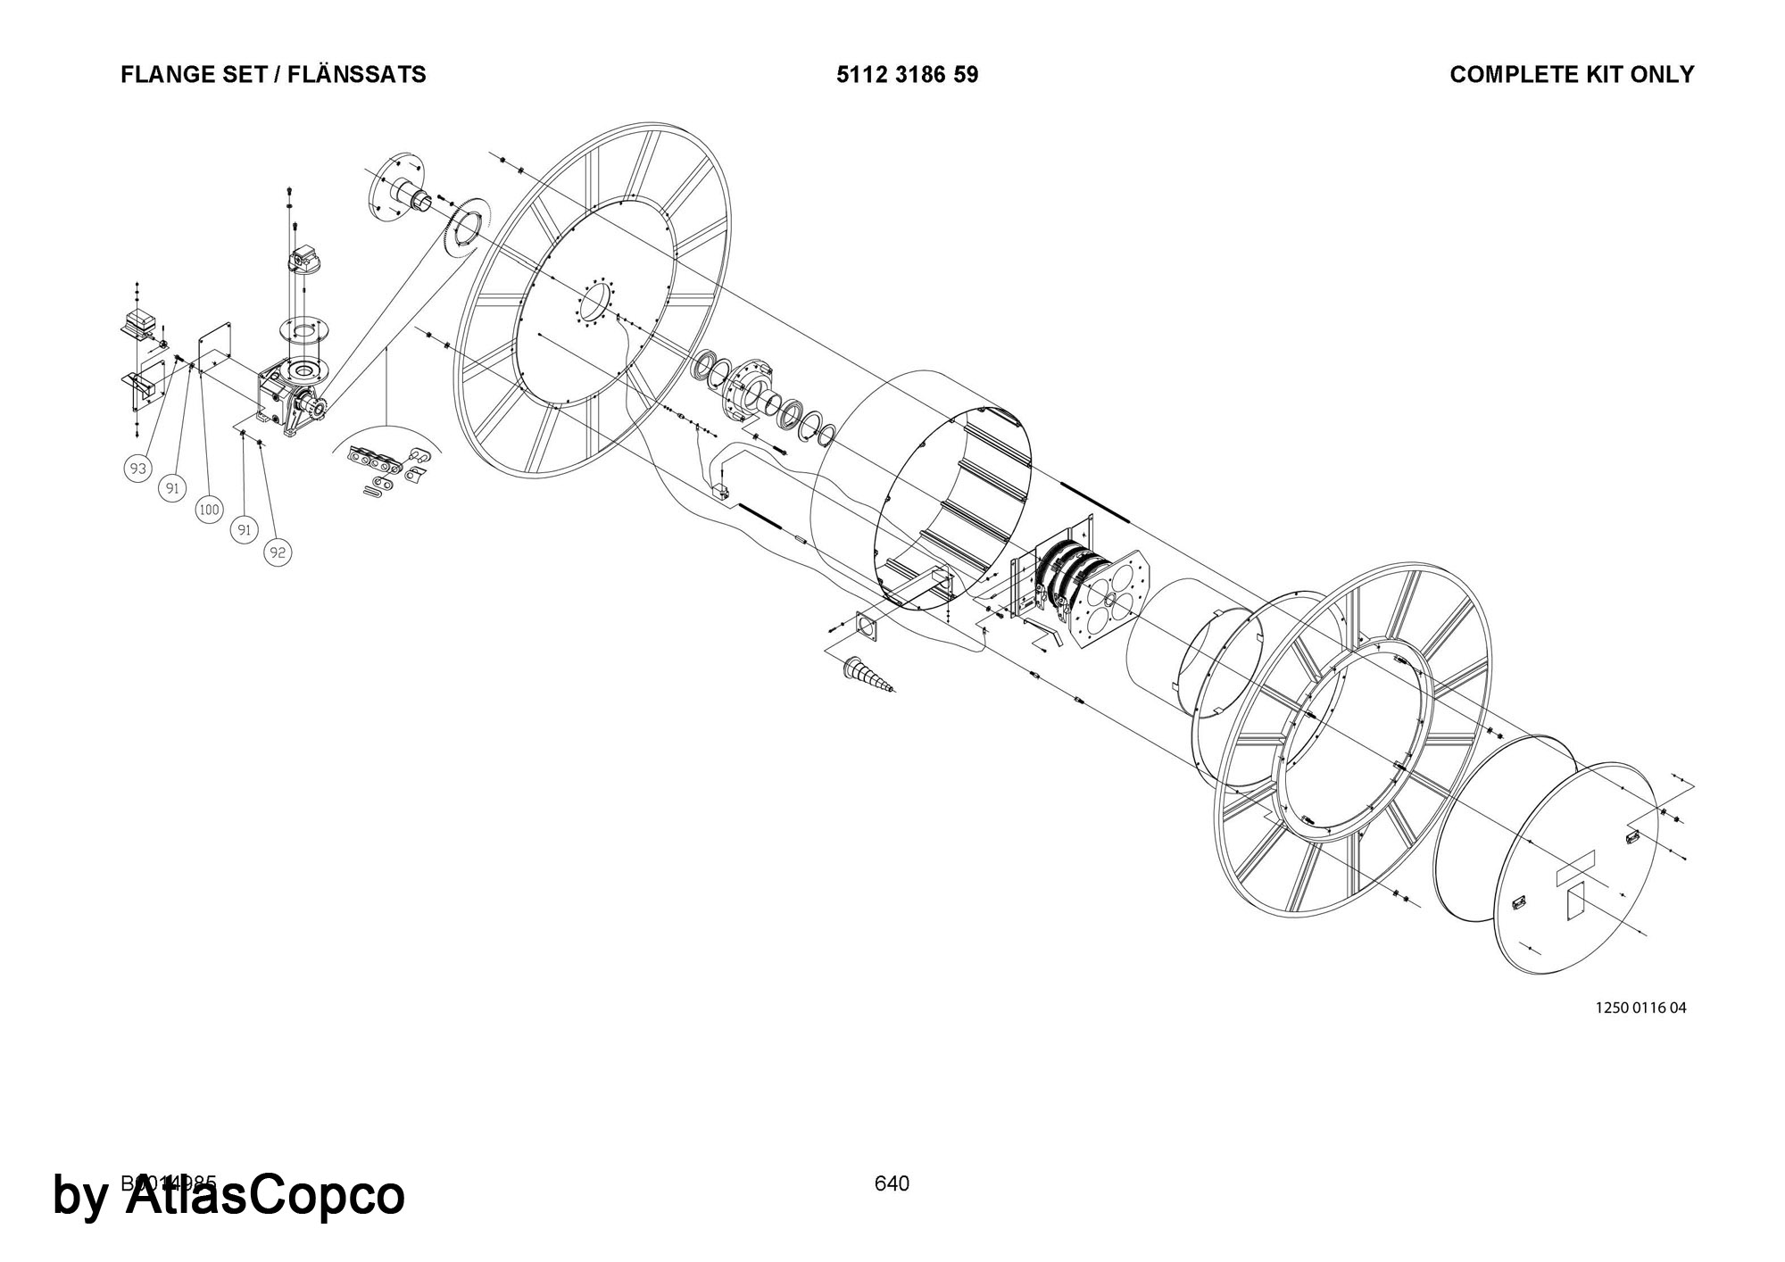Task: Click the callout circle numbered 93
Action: (137, 469)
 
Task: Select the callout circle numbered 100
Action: (209, 511)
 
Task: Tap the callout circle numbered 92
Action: (278, 553)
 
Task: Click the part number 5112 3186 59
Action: (907, 75)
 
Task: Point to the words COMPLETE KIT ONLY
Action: (1572, 75)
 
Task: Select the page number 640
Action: (892, 1183)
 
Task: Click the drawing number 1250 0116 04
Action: (1640, 1009)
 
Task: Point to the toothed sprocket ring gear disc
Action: (466, 228)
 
